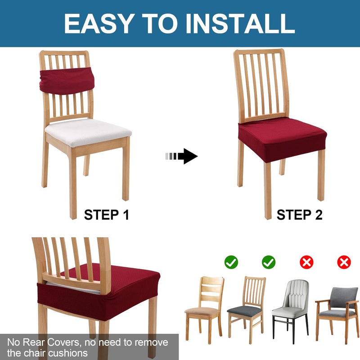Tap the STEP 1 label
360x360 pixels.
tap(107, 215)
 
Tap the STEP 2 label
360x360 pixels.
tap(299, 215)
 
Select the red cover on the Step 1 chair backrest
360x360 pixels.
tap(66, 80)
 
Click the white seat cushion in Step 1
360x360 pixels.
tap(88, 131)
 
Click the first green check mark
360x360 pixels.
tap(231, 262)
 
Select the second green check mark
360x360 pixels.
tap(269, 262)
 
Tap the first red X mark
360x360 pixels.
tap(306, 262)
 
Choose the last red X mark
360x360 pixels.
tap(344, 262)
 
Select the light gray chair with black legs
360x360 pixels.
tap(290, 306)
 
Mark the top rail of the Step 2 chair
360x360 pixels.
tap(259, 53)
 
